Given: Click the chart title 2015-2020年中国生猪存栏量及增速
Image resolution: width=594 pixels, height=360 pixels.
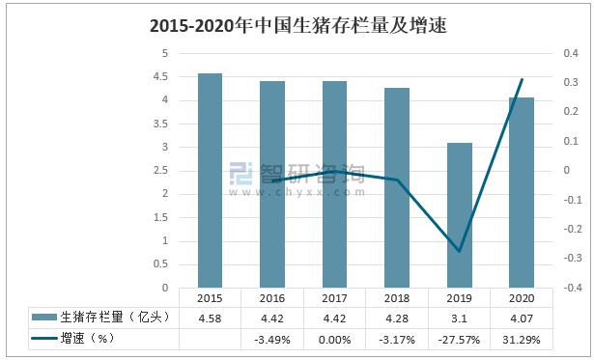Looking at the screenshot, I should pyautogui.click(x=297, y=26).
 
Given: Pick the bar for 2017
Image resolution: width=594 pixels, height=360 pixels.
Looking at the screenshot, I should pyautogui.click(x=334, y=184).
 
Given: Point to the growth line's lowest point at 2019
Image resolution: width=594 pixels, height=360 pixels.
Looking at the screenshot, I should pyautogui.click(x=459, y=251).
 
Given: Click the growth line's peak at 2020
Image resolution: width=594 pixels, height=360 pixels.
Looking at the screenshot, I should pyautogui.click(x=522, y=79).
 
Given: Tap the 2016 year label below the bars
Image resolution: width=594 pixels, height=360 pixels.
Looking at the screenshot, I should pyautogui.click(x=272, y=298).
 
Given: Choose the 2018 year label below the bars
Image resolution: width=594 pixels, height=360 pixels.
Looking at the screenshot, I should pyautogui.click(x=397, y=298).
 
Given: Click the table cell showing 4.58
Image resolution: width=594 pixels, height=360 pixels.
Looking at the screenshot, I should pyautogui.click(x=210, y=318).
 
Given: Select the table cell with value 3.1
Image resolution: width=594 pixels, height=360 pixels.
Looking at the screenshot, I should pyautogui.click(x=459, y=318).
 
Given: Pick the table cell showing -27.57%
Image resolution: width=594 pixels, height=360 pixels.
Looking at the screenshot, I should pyautogui.click(x=459, y=339).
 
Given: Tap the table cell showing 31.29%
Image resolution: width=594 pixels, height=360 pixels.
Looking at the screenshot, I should pyautogui.click(x=522, y=339).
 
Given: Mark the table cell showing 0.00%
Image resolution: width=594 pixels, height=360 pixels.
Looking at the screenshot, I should pyautogui.click(x=334, y=339).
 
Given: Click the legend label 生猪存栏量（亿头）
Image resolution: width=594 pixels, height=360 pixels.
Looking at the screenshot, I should pyautogui.click(x=115, y=318).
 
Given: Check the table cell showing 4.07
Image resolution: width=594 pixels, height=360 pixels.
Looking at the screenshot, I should pyautogui.click(x=522, y=318).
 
